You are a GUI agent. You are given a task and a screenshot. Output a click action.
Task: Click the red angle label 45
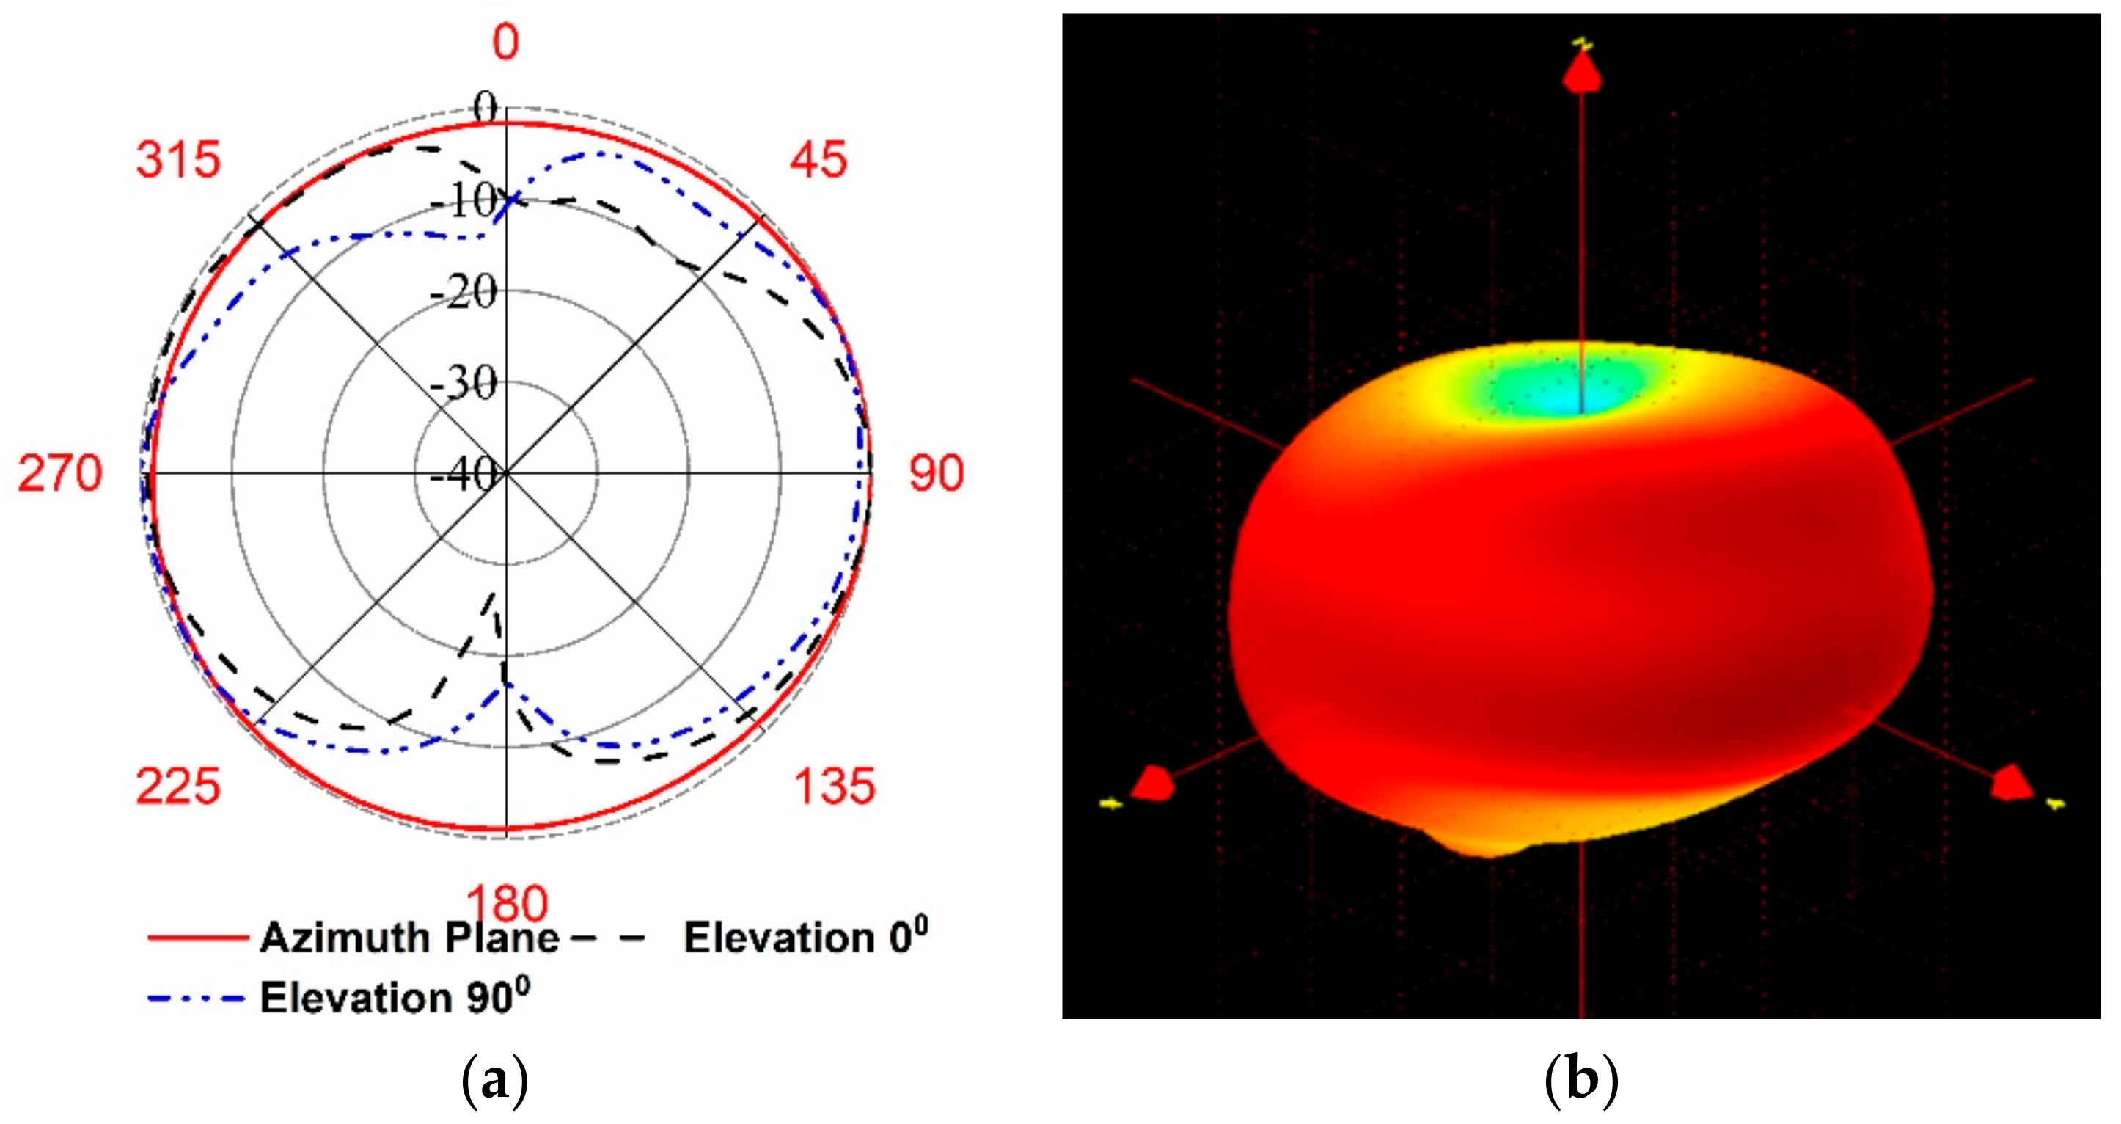(x=818, y=160)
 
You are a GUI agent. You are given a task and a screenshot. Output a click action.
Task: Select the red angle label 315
(x=179, y=160)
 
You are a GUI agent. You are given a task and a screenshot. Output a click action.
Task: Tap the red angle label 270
(x=60, y=474)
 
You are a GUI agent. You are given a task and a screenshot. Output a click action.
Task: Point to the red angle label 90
(x=936, y=474)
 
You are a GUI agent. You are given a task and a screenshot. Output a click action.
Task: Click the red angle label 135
(x=834, y=787)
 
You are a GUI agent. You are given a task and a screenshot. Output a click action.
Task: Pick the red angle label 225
(x=179, y=787)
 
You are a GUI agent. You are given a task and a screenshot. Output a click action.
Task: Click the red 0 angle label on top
(x=506, y=42)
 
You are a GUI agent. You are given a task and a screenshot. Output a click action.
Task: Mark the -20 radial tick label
(x=465, y=292)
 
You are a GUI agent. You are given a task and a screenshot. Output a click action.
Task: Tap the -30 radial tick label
(x=465, y=384)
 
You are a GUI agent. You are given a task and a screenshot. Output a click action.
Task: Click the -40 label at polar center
(x=464, y=475)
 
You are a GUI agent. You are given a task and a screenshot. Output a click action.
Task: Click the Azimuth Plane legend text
(x=409, y=938)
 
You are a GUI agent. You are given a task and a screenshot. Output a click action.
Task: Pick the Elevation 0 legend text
(x=805, y=937)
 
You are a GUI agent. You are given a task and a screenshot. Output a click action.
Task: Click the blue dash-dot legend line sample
(x=196, y=999)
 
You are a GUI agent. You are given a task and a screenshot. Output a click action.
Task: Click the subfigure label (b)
(x=1582, y=1079)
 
